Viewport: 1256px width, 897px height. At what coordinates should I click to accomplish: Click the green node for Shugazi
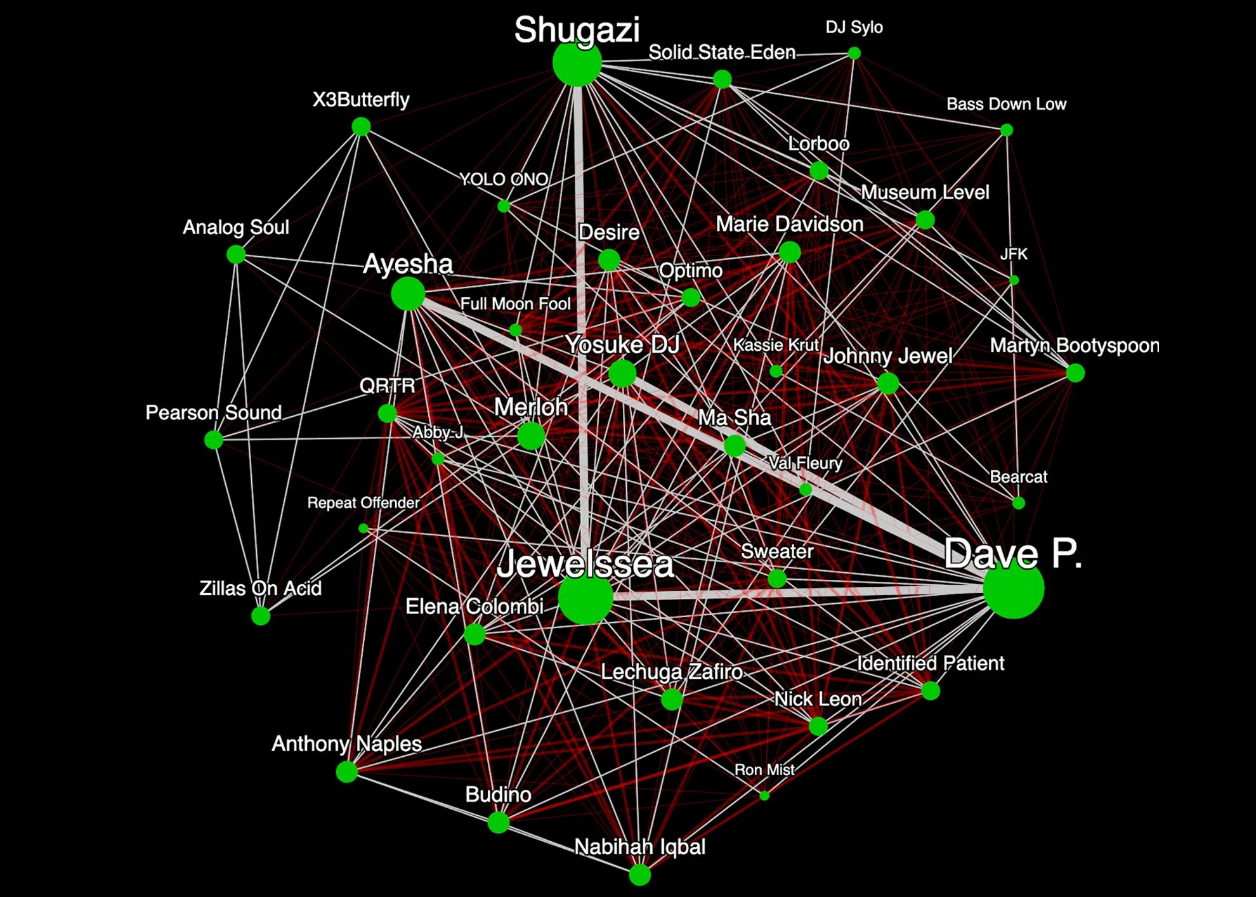click(x=577, y=63)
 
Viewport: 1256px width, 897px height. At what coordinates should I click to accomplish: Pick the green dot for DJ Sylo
click(x=854, y=53)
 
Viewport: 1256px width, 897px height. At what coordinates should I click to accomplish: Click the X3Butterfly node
click(x=361, y=127)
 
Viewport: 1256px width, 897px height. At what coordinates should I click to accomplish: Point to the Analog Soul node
click(x=236, y=254)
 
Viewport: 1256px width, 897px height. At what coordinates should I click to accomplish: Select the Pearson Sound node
click(x=214, y=439)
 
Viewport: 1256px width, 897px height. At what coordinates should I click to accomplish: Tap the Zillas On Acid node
click(x=261, y=615)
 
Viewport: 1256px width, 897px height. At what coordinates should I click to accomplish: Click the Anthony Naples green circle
click(x=346, y=771)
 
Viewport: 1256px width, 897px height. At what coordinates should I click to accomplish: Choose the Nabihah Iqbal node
click(x=639, y=875)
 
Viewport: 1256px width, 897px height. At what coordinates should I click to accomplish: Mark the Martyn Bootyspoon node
click(x=1075, y=373)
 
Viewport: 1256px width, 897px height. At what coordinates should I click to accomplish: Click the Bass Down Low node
click(x=1007, y=130)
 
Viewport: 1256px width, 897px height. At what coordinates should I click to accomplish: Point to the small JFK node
click(x=1014, y=280)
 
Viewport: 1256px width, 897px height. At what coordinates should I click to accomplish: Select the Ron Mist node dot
click(x=764, y=796)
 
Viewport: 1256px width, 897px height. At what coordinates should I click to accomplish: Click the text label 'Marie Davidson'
click(x=789, y=224)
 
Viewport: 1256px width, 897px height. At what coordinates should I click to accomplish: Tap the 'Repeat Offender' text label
click(x=363, y=503)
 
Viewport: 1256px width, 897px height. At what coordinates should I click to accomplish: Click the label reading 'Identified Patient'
click(x=931, y=664)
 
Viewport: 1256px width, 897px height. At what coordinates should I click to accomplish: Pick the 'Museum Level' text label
click(x=925, y=192)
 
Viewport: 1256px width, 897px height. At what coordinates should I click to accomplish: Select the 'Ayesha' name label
click(x=408, y=264)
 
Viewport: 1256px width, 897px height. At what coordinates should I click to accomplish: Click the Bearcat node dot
click(x=1019, y=503)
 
